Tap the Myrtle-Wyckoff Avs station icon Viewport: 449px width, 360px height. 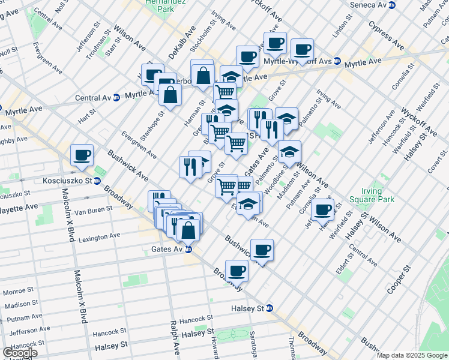pos(337,61)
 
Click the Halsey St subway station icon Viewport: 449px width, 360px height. pos(270,308)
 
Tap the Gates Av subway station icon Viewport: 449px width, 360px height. pos(188,249)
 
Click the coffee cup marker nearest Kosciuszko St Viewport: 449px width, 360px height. pos(82,155)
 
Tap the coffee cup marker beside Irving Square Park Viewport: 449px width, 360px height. pos(323,209)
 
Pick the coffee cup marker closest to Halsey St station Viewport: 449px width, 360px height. pos(237,271)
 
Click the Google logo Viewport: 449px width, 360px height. pos(19,353)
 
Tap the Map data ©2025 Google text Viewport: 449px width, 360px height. pos(412,355)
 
